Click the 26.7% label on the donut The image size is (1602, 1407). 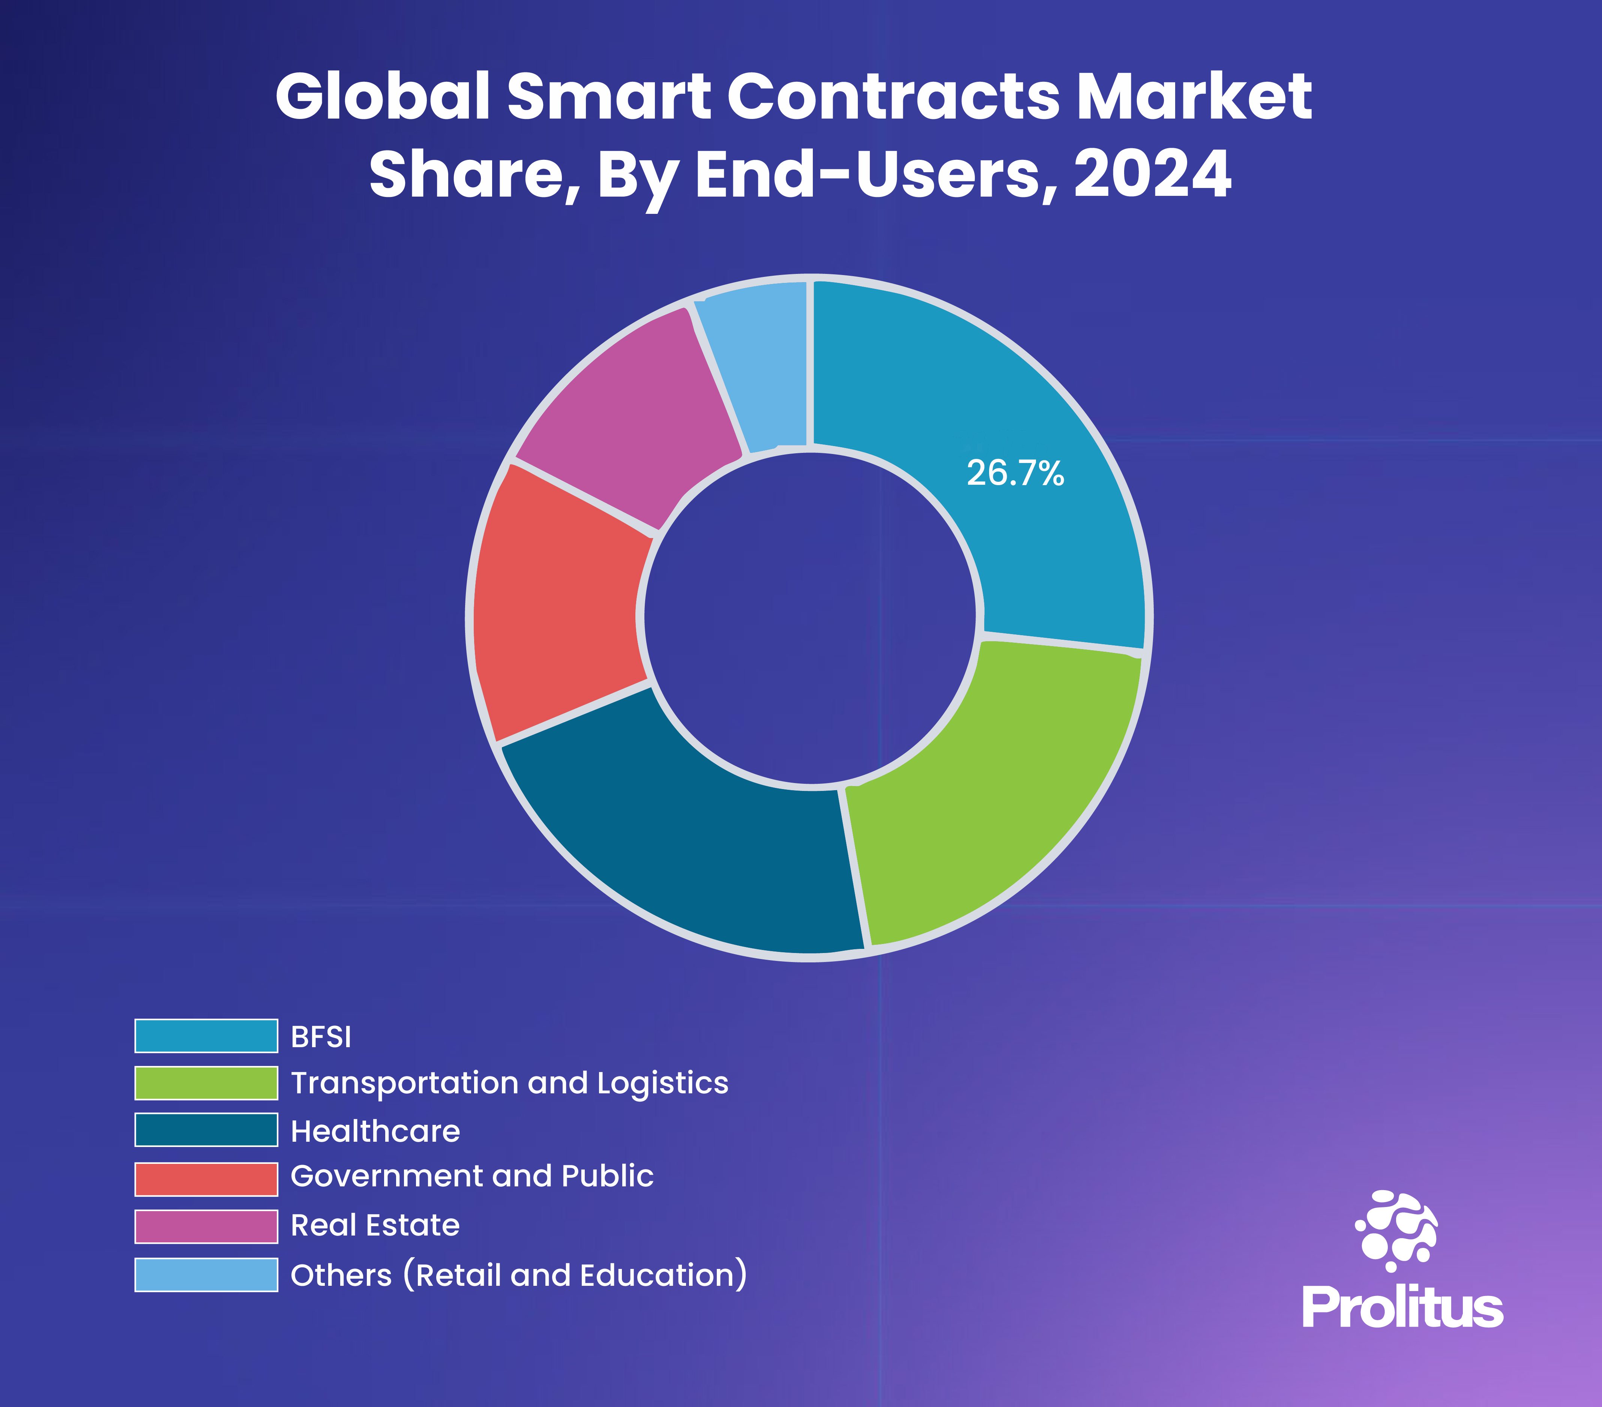pos(1015,474)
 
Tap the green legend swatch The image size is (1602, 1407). pos(206,1083)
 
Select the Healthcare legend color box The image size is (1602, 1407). pos(206,1130)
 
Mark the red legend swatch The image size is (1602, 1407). pos(206,1179)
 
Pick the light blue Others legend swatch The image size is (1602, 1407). pos(206,1275)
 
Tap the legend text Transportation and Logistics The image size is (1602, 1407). pos(509,1083)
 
